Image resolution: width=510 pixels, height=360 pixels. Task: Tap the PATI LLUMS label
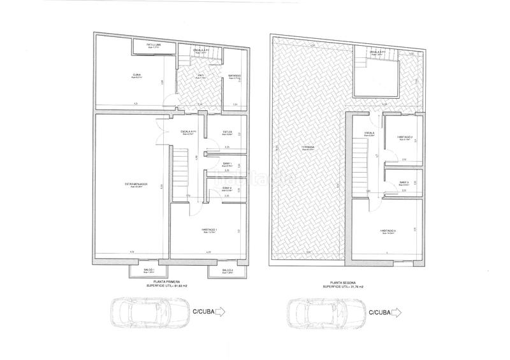[152, 45]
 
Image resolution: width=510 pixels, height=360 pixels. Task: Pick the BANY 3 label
[404, 183]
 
